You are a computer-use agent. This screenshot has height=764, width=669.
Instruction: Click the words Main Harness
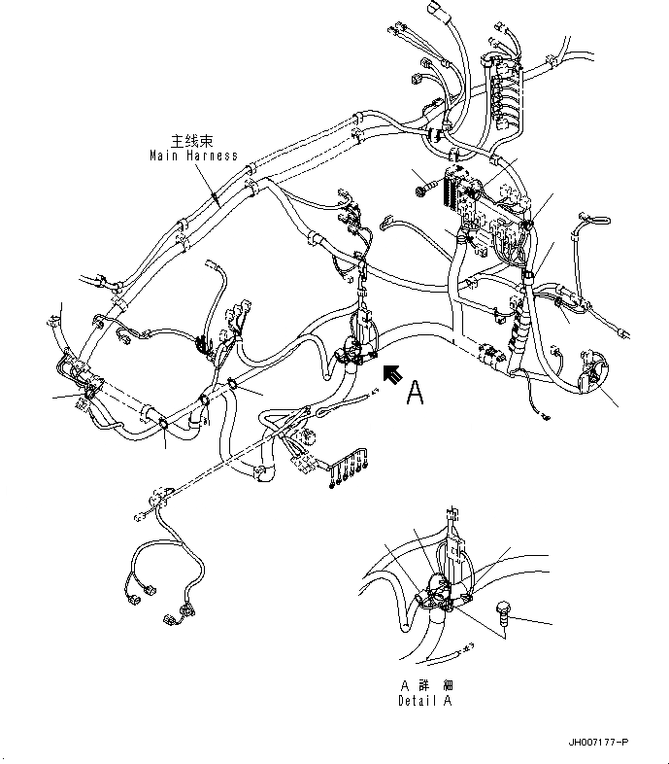click(x=193, y=155)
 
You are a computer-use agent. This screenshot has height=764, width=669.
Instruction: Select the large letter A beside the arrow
click(x=416, y=391)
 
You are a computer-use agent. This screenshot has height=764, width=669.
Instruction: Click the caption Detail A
click(x=424, y=701)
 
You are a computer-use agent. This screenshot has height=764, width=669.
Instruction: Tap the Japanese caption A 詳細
click(x=424, y=685)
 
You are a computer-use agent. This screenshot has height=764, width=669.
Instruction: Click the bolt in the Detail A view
click(x=502, y=612)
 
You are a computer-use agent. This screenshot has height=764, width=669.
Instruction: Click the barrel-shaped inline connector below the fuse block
click(x=491, y=358)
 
